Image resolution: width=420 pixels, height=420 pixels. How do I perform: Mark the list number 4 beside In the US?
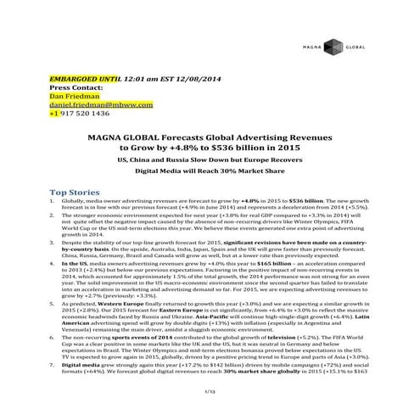[x=54, y=265]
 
